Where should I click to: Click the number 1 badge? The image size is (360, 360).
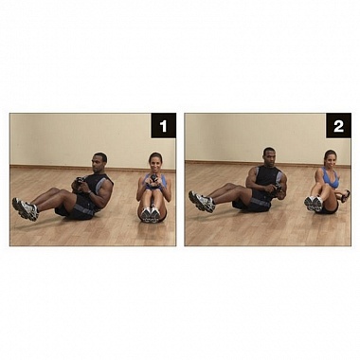(x=163, y=125)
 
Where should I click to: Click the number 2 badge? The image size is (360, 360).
(x=338, y=125)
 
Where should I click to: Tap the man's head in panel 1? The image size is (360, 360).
(x=99, y=163)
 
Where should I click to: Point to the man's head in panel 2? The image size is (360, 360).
(x=269, y=157)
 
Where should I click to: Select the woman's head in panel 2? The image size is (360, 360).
(x=330, y=160)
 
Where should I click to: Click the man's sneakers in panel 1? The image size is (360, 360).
(x=26, y=208)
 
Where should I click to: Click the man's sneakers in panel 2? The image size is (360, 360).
(x=201, y=201)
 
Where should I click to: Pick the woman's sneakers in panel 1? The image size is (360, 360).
(x=151, y=214)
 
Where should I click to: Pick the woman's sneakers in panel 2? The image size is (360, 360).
(x=314, y=204)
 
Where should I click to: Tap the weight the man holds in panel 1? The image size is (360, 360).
(x=79, y=182)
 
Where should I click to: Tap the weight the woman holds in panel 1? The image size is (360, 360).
(x=153, y=179)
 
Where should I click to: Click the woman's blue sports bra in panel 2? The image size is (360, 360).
(x=332, y=178)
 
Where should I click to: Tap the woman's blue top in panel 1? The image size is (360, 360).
(x=155, y=183)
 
